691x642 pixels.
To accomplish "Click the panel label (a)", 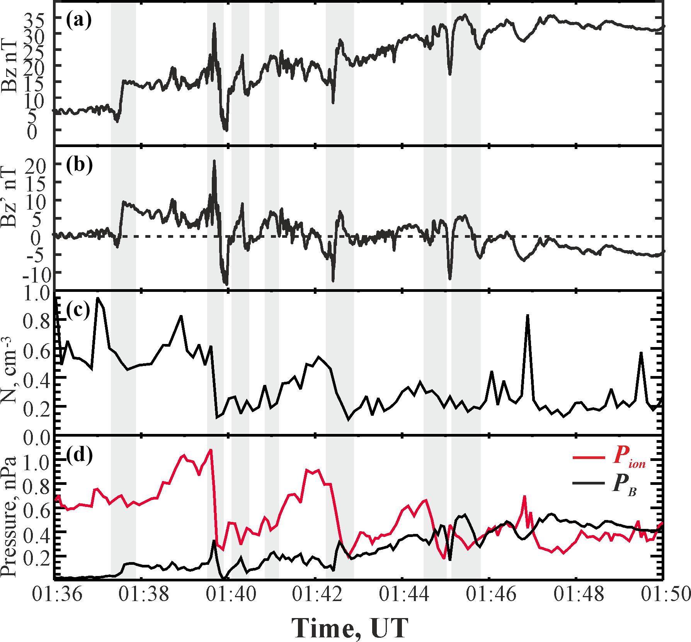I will coord(79,20).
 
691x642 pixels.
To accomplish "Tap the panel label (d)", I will coord(79,455).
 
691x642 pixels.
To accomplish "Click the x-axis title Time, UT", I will coord(350,628).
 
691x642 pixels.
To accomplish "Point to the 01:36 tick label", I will coord(57,594).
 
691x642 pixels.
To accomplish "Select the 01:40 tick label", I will coord(231,594).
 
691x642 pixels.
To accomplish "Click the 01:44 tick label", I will coord(404,594).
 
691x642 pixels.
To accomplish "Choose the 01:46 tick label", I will coord(491,594).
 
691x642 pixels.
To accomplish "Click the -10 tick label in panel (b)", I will coord(37,275).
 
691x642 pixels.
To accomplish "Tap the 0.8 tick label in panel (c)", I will coord(37,321).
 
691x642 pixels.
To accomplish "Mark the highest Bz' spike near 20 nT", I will coord(214,161).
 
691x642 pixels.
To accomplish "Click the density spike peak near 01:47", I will coord(527,316).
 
